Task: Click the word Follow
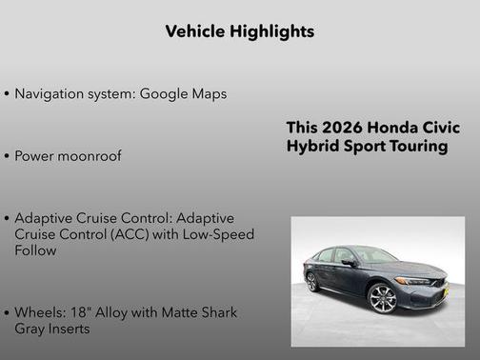(36, 250)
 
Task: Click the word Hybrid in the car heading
(311, 147)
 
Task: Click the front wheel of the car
(383, 297)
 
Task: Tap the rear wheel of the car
(311, 282)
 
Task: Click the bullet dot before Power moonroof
(8, 156)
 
